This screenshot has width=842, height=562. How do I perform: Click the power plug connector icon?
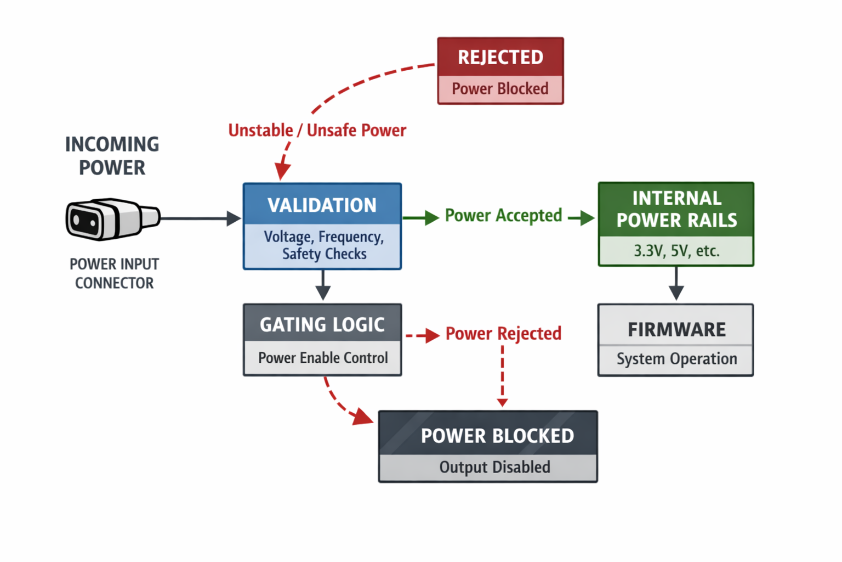pos(112,219)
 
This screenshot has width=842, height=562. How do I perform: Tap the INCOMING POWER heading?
pos(112,156)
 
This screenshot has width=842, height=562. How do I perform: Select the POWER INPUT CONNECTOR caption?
pos(114,273)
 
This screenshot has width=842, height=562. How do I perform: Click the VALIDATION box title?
pos(322,205)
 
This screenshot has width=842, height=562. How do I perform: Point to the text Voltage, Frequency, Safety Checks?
pos(323,245)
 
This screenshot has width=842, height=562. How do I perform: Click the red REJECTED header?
pos(500,57)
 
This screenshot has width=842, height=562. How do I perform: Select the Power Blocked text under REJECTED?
pos(500,89)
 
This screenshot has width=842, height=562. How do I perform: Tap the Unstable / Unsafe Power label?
pos(317,131)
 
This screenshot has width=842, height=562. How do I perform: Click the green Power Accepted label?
pos(503,216)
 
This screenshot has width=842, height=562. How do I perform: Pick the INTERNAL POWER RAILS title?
pos(676,209)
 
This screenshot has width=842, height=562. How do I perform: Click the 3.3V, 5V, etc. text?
pos(676,251)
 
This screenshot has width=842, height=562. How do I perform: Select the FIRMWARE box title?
pos(676,329)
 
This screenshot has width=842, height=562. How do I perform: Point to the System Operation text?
pos(676,359)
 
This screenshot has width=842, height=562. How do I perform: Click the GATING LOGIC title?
pos(322,325)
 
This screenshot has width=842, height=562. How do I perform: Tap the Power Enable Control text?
pos(323,358)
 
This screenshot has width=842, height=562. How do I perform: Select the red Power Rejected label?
pos(503,334)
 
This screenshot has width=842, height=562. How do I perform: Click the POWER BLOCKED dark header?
pos(497,436)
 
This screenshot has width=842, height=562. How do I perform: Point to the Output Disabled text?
pos(494,467)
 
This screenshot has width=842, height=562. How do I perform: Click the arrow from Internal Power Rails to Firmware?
pos(676,284)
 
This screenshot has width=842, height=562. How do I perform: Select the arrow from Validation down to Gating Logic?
pos(323,285)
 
